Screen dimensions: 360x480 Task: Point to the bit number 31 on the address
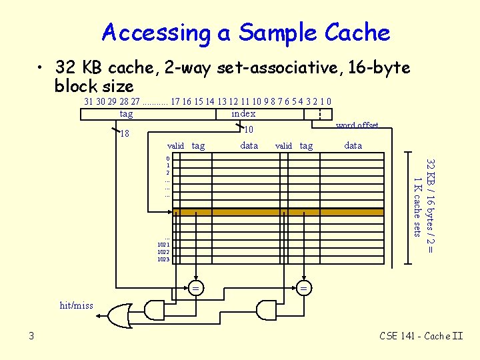point(89,101)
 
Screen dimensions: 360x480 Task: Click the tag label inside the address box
point(126,114)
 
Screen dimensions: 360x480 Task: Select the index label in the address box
point(243,114)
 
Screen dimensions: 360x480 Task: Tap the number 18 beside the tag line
point(124,134)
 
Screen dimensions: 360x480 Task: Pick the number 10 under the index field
point(249,130)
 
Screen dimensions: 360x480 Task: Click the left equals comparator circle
point(196,288)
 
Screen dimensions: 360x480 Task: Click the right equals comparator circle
point(304,288)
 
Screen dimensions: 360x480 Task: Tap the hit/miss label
point(77,306)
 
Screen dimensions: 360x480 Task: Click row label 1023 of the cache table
point(163,259)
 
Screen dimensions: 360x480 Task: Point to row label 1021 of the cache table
point(163,245)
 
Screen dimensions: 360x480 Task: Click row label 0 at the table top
point(168,158)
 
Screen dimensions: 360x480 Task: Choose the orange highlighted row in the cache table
point(280,212)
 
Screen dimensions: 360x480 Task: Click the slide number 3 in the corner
point(31,336)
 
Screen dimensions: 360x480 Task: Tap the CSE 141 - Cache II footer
point(421,336)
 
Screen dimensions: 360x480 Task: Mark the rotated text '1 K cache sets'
point(417,207)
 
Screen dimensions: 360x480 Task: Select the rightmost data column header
point(353,145)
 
